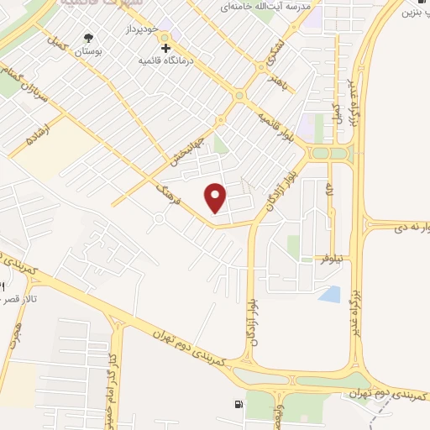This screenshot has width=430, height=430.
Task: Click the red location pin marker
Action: [217, 197]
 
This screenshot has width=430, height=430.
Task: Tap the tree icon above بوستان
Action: [89, 37]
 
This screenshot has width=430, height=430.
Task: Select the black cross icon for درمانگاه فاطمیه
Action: [165, 48]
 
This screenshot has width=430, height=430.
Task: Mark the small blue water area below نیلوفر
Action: [330, 294]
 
